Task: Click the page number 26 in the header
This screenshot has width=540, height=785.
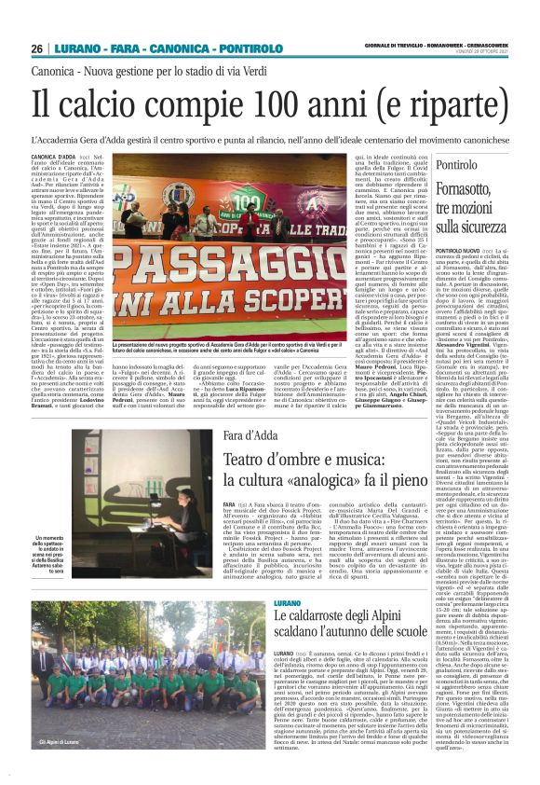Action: (36, 48)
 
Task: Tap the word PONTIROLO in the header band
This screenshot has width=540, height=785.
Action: (221, 48)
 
